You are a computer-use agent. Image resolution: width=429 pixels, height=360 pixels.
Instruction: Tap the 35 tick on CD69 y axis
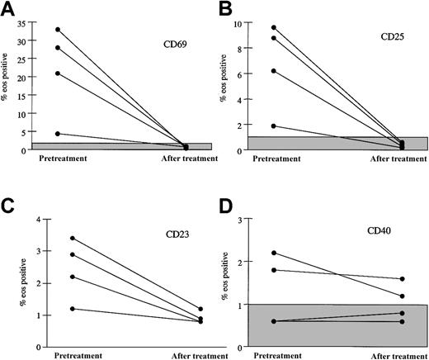click(31, 21)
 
